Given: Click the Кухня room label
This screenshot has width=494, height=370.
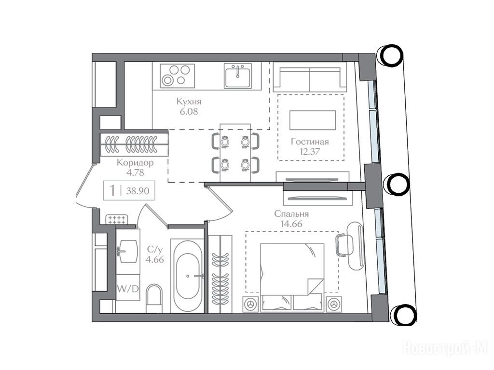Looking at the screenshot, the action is click(x=189, y=102).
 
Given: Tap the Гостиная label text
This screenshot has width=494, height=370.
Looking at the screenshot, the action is click(x=310, y=142).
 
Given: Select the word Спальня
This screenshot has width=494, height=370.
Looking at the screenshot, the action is click(x=291, y=214).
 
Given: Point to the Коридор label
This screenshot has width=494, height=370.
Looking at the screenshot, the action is click(x=135, y=163).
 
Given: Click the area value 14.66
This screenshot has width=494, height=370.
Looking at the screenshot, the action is click(x=291, y=224).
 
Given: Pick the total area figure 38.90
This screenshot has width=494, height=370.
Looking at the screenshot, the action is click(x=137, y=191).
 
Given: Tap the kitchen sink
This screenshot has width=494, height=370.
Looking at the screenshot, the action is click(x=238, y=76).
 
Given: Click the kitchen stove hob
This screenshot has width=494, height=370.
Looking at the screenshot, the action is click(x=177, y=76).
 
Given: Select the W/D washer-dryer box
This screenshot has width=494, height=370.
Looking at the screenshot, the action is click(x=128, y=288).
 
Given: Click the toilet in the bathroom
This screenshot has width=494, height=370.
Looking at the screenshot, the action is click(x=154, y=299).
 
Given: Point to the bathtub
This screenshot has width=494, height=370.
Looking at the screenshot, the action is click(x=187, y=276).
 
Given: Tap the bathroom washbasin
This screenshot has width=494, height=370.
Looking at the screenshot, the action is click(x=127, y=251).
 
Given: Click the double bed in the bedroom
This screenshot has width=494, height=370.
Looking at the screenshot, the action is click(x=292, y=277).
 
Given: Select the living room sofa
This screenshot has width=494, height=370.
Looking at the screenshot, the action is click(x=310, y=77).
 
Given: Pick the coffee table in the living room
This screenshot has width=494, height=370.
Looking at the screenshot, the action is click(x=313, y=120).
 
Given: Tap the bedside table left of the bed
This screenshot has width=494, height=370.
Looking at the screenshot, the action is click(x=251, y=304).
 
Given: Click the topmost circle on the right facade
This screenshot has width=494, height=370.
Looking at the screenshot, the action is click(x=390, y=55).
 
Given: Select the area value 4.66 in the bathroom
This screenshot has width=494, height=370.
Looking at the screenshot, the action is click(x=155, y=260).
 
